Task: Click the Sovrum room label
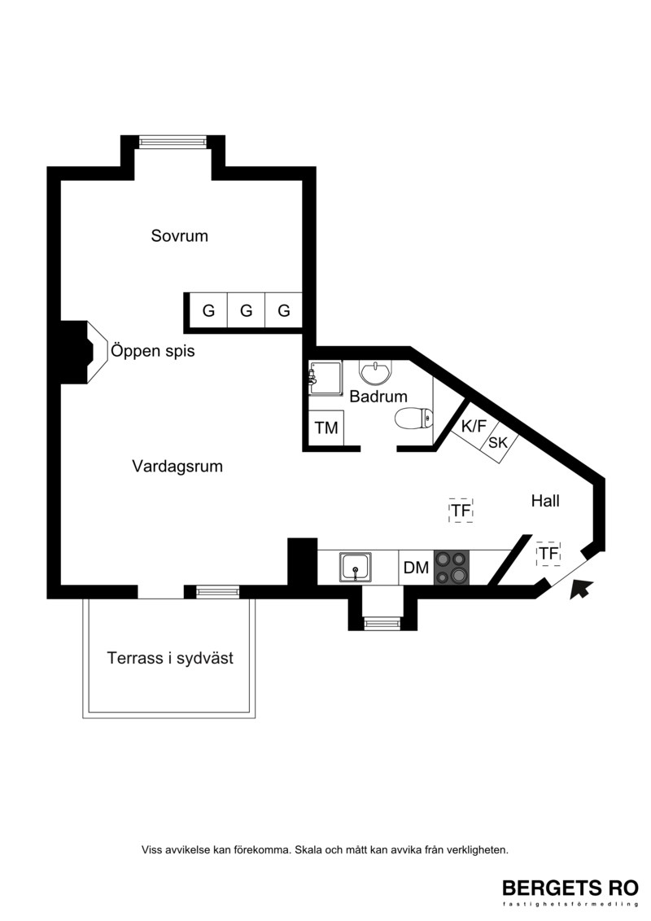pos(179,235)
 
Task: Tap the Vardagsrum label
pos(177,467)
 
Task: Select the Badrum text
pos(378,397)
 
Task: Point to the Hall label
pos(545,501)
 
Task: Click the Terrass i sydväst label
pos(170,658)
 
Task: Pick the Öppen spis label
pos(153,351)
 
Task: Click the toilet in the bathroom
pos(414,419)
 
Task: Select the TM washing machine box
pos(326,428)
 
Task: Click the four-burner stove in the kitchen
pos(452,568)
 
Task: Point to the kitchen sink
pos(355,568)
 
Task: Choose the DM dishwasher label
pos(416,568)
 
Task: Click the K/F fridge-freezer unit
pos(474,427)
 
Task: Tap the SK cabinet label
pos(498,442)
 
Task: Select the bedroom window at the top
pos(173,142)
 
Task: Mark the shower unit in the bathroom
pos(325,378)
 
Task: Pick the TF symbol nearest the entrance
pos(548,553)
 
